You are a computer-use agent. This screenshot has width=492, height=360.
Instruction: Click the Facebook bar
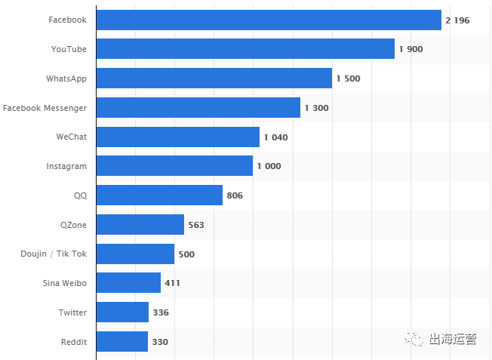269,20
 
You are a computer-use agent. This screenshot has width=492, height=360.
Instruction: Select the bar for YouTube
245,49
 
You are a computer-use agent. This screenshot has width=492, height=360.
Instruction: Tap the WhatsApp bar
214,78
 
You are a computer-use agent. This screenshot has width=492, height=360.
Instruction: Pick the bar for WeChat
178,137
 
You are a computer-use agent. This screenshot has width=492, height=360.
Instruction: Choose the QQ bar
159,195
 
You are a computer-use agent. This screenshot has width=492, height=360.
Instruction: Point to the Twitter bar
122,312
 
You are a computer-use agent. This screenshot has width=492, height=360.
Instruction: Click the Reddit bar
122,342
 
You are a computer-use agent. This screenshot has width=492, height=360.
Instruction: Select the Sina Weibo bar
128,283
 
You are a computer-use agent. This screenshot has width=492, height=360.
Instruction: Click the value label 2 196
457,20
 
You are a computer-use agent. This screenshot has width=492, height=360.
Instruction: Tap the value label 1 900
411,49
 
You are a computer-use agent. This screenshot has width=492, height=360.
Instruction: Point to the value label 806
235,195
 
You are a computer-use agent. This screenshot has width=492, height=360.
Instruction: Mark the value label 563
196,225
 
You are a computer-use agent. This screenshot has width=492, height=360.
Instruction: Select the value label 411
172,283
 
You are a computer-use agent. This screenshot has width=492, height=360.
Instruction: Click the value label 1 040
275,137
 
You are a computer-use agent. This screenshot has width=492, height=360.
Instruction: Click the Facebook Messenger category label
45,108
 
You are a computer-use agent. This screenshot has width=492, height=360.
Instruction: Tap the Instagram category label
66,166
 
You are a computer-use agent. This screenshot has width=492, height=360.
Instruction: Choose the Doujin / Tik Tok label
54,254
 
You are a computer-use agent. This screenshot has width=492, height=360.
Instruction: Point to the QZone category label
73,225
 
